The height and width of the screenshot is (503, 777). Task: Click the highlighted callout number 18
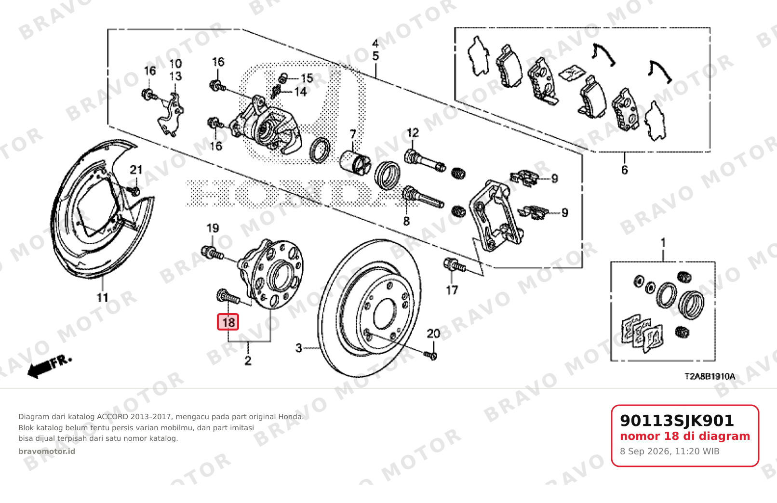(228, 322)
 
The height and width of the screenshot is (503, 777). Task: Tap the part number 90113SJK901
(677, 421)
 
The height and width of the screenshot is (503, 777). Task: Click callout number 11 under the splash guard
(102, 297)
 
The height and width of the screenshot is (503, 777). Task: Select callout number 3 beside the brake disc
(299, 348)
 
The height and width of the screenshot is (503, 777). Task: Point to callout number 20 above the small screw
(433, 333)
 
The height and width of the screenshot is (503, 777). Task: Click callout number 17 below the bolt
(452, 290)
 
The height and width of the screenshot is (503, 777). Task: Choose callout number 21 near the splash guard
(136, 170)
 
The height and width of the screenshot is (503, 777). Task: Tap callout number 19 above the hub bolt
(213, 228)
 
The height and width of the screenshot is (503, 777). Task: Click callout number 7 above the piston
(353, 134)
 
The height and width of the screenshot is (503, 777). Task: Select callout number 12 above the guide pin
(413, 132)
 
